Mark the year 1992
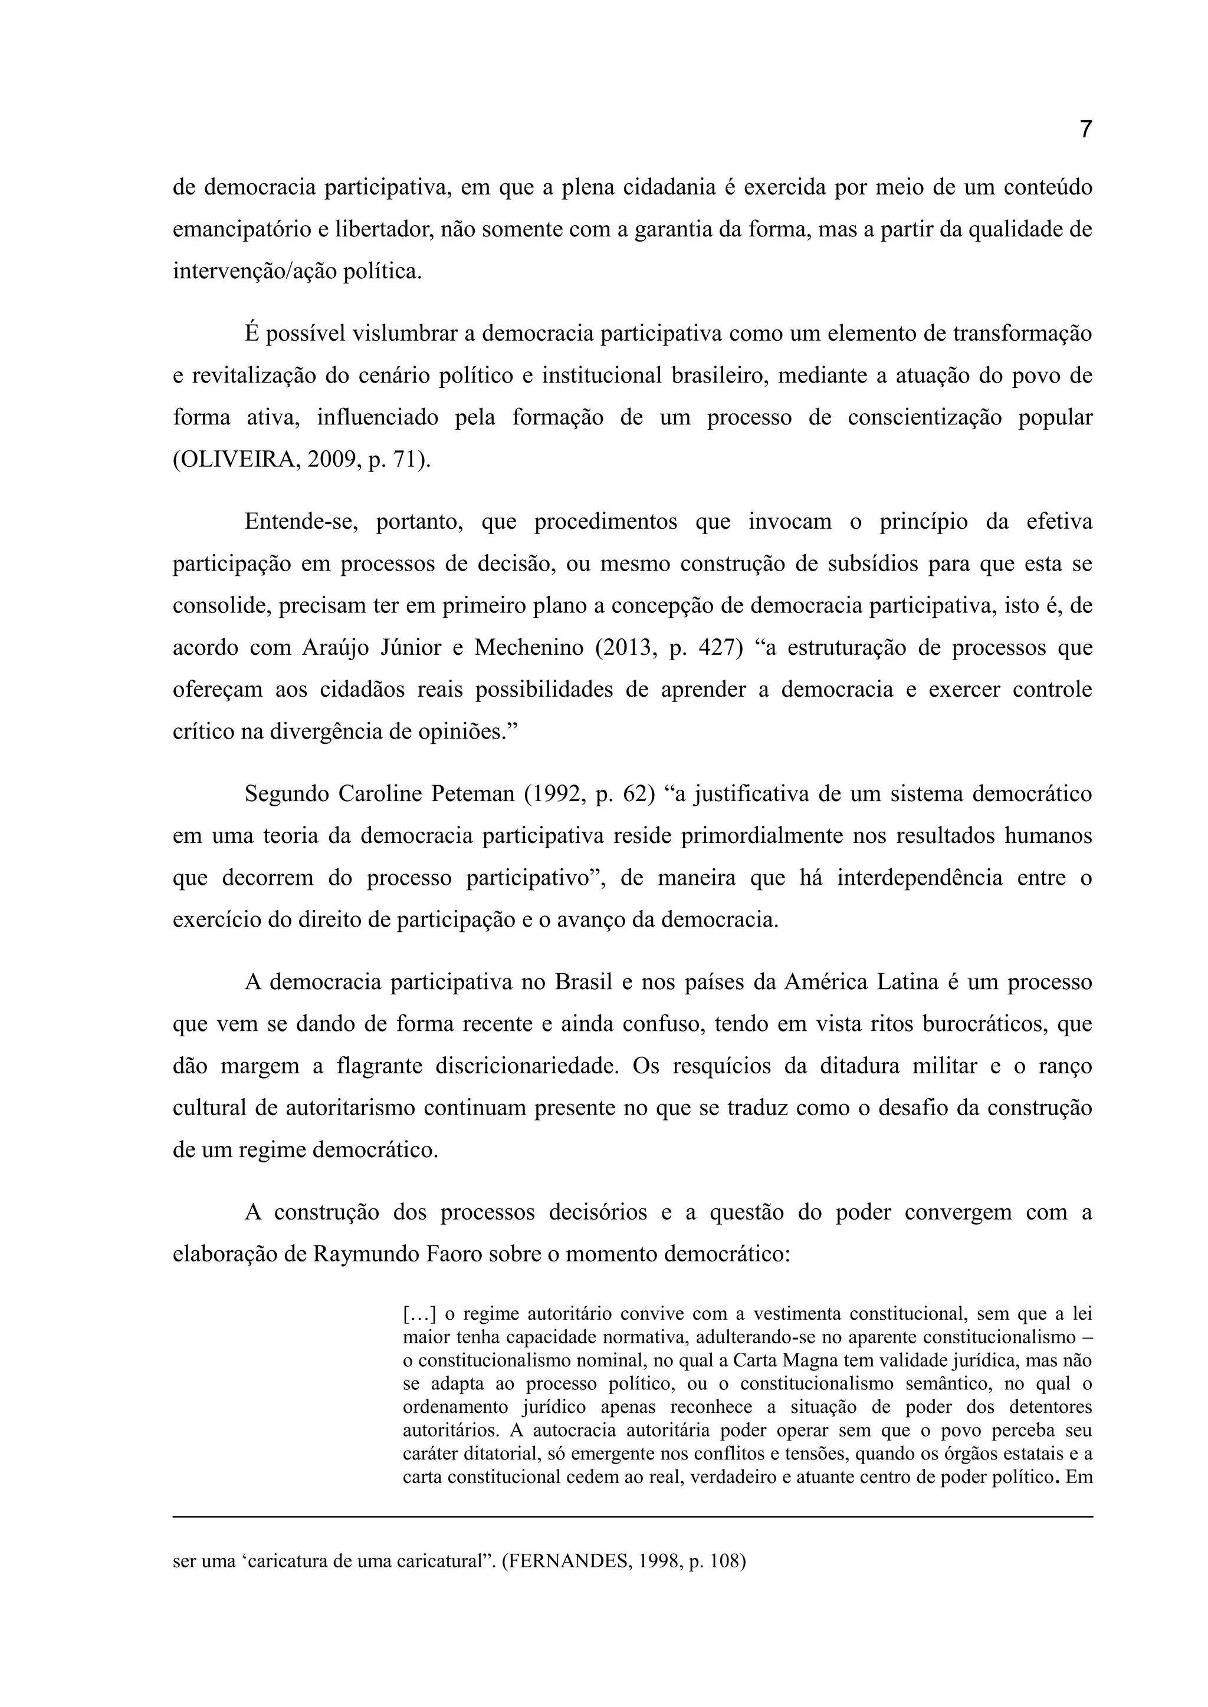tap(556, 794)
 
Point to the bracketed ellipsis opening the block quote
tap(419, 1314)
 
